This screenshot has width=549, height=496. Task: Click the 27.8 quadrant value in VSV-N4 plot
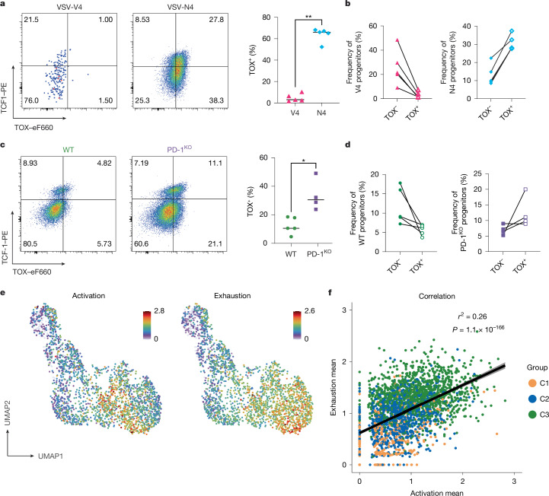[x=216, y=20]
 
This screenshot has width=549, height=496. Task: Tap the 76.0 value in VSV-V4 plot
[x=31, y=100]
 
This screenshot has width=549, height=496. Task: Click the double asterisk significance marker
[x=308, y=17]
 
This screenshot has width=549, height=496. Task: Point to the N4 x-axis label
[x=321, y=113]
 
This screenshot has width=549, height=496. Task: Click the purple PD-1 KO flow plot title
[x=179, y=149]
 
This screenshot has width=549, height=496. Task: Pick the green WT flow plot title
[x=69, y=150]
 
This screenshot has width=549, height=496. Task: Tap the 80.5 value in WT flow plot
[x=30, y=243]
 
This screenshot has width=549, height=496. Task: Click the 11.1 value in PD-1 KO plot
[x=215, y=163]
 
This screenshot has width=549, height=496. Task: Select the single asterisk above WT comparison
[x=304, y=161]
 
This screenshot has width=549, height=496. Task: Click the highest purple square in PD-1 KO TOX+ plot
[x=316, y=173]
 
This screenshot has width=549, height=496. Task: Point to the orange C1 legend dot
[x=532, y=383]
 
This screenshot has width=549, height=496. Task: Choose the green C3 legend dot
[x=532, y=415]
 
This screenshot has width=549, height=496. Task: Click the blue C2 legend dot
[x=532, y=399]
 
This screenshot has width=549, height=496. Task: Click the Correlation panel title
[x=436, y=296]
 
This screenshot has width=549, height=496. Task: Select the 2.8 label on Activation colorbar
[x=159, y=310]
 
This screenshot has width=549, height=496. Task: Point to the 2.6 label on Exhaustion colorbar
[x=309, y=310]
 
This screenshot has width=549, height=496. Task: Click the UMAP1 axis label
[x=51, y=456]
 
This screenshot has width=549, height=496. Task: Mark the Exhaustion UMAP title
[x=232, y=296]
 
